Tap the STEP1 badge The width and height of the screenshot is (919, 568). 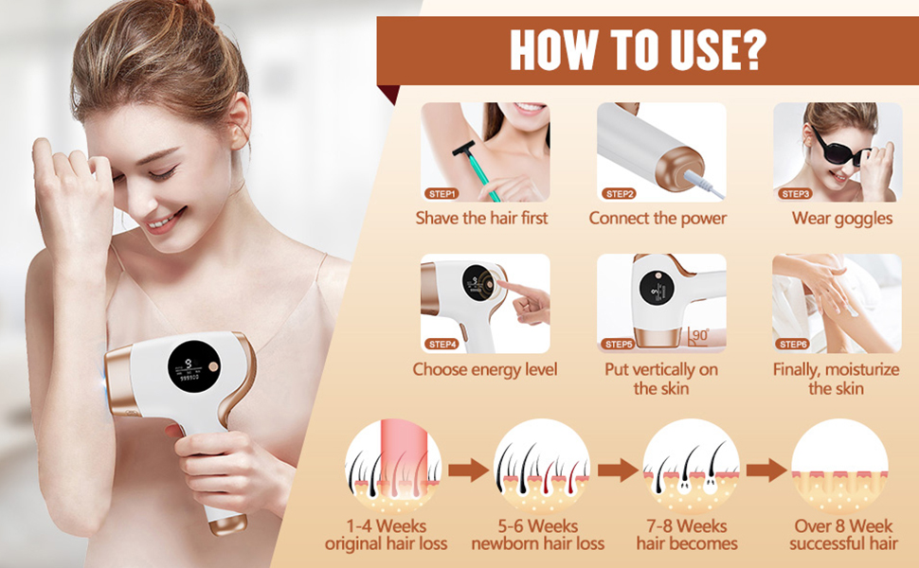441,194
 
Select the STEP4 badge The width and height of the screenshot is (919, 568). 441,345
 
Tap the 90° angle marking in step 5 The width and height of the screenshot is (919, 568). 697,337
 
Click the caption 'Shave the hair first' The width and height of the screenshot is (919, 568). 481,219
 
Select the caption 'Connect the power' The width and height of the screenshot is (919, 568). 658,219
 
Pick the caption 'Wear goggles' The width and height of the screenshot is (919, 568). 842,219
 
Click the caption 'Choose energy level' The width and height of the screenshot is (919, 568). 485,370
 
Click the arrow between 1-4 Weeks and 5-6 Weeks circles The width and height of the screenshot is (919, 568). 468,470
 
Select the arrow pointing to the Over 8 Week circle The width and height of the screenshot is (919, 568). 766,470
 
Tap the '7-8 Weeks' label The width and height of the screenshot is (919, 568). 687,525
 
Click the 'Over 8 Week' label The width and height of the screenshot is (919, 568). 843,525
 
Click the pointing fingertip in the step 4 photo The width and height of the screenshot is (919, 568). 502,285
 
